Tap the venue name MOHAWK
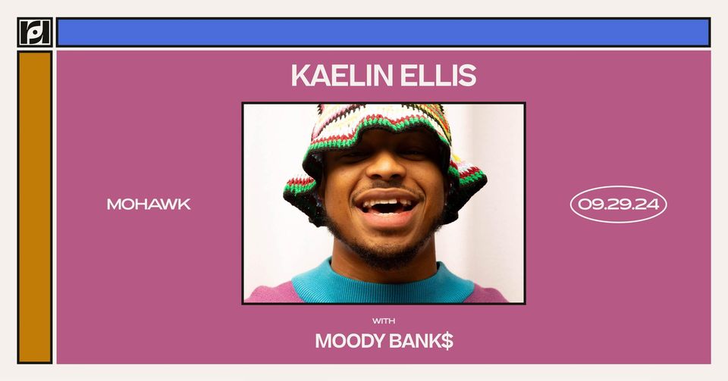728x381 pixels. click(149, 205)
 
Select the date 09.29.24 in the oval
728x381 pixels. click(619, 205)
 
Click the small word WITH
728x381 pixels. click(384, 320)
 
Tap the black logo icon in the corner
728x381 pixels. click(35, 32)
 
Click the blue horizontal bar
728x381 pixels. click(384, 33)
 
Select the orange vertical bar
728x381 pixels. click(35, 208)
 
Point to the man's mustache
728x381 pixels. click(388, 188)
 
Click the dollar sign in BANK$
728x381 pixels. click(447, 342)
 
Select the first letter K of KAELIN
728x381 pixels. click(300, 76)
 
